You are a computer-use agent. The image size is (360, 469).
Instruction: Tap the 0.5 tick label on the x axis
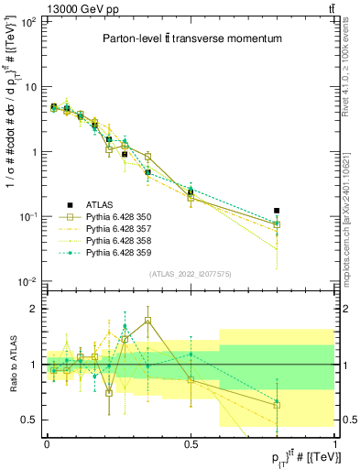[x=191, y=443]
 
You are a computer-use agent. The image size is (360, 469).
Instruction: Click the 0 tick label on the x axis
[x=47, y=443]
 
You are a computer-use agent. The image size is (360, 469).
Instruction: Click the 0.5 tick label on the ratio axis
[x=28, y=420]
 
